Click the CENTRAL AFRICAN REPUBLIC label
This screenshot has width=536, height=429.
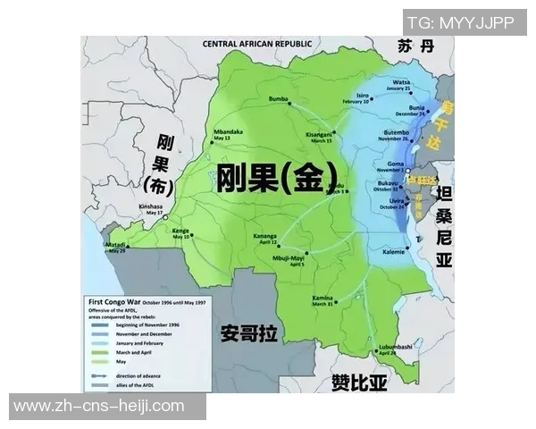click(x=257, y=43)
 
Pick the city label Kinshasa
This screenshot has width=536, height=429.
click(x=152, y=205)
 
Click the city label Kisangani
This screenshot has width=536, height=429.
click(x=318, y=133)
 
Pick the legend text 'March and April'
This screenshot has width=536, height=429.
click(x=126, y=353)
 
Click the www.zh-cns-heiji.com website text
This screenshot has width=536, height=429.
click(x=99, y=407)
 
